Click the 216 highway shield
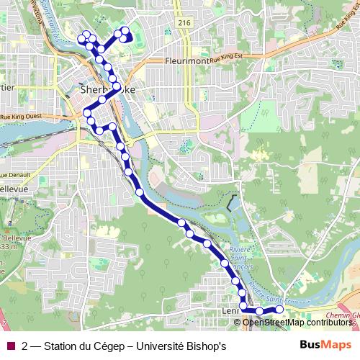[184, 23]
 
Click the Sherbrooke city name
[108, 90]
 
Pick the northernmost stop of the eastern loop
[125, 30]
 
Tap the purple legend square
[10, 346]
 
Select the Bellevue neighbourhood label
[13, 189]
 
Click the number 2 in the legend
[26, 346]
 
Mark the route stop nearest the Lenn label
[243, 307]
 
